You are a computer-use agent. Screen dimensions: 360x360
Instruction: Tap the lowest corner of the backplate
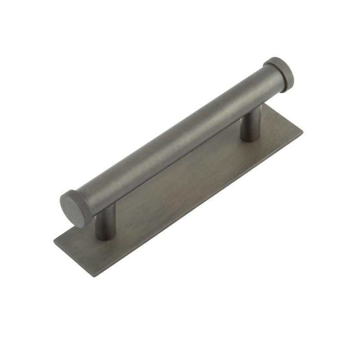click(x=93, y=277)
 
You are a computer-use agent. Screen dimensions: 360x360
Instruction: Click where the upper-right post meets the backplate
click(x=250, y=138)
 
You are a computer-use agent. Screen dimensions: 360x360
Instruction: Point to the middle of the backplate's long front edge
click(x=198, y=204)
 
